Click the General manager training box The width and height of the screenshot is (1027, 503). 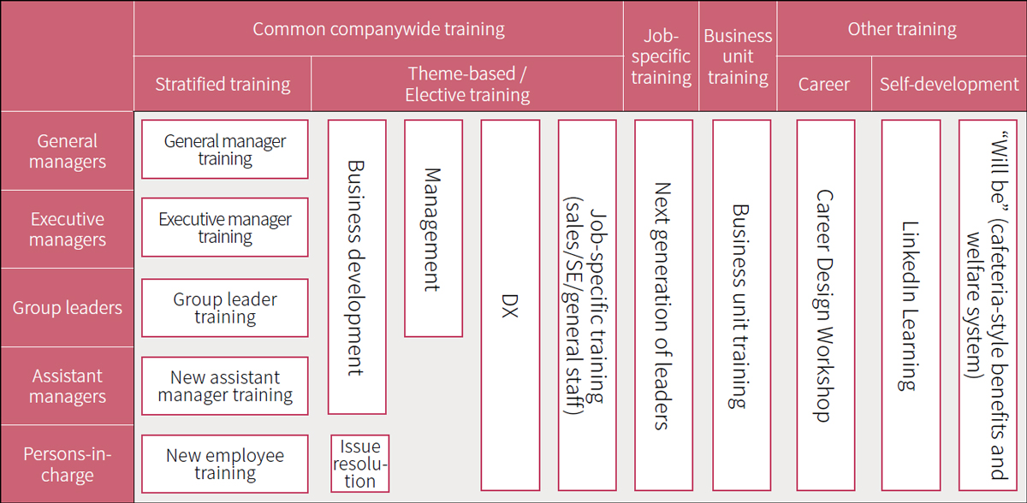coord(224,150)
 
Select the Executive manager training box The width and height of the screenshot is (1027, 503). coord(224,228)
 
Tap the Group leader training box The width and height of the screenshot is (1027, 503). coord(224,308)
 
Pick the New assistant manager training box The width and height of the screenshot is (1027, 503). coord(224,386)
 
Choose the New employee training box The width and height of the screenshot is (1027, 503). coord(224,464)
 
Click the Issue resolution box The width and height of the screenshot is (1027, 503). coord(360,464)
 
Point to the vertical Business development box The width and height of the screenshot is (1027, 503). coord(357,267)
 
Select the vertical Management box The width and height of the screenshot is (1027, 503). coord(433,228)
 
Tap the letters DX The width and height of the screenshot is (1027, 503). coord(510,306)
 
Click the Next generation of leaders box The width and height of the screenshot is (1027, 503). coord(663,305)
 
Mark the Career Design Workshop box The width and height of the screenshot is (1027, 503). coord(826,305)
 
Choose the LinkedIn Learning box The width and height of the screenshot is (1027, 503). coord(911,305)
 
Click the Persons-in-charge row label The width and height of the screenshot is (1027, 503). coord(68,464)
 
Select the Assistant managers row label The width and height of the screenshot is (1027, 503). coord(68,386)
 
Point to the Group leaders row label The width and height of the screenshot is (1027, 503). coord(68,308)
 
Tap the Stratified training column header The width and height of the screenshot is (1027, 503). coord(223,84)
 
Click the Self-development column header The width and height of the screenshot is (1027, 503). coord(949,84)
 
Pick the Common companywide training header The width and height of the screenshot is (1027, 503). coord(378,29)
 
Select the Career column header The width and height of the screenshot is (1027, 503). coord(824,84)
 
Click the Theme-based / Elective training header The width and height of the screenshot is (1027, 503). coord(467,84)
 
